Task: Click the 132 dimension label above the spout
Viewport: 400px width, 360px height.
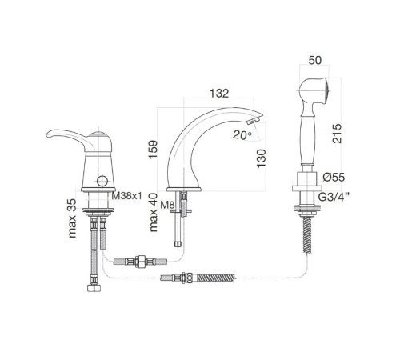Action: click(x=219, y=93)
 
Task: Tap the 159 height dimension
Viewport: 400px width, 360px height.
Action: click(x=153, y=150)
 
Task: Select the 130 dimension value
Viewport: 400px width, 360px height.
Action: click(x=262, y=158)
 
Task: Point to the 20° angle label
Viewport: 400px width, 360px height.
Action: click(x=242, y=135)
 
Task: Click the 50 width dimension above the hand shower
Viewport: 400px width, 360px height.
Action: click(x=315, y=60)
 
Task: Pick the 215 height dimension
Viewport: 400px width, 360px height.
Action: click(x=337, y=134)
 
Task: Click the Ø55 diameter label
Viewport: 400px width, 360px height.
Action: click(x=334, y=177)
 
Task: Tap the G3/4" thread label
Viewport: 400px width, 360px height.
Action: click(x=334, y=197)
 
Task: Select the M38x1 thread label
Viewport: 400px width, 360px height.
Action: click(x=126, y=196)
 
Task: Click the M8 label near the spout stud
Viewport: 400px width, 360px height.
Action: click(x=167, y=205)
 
